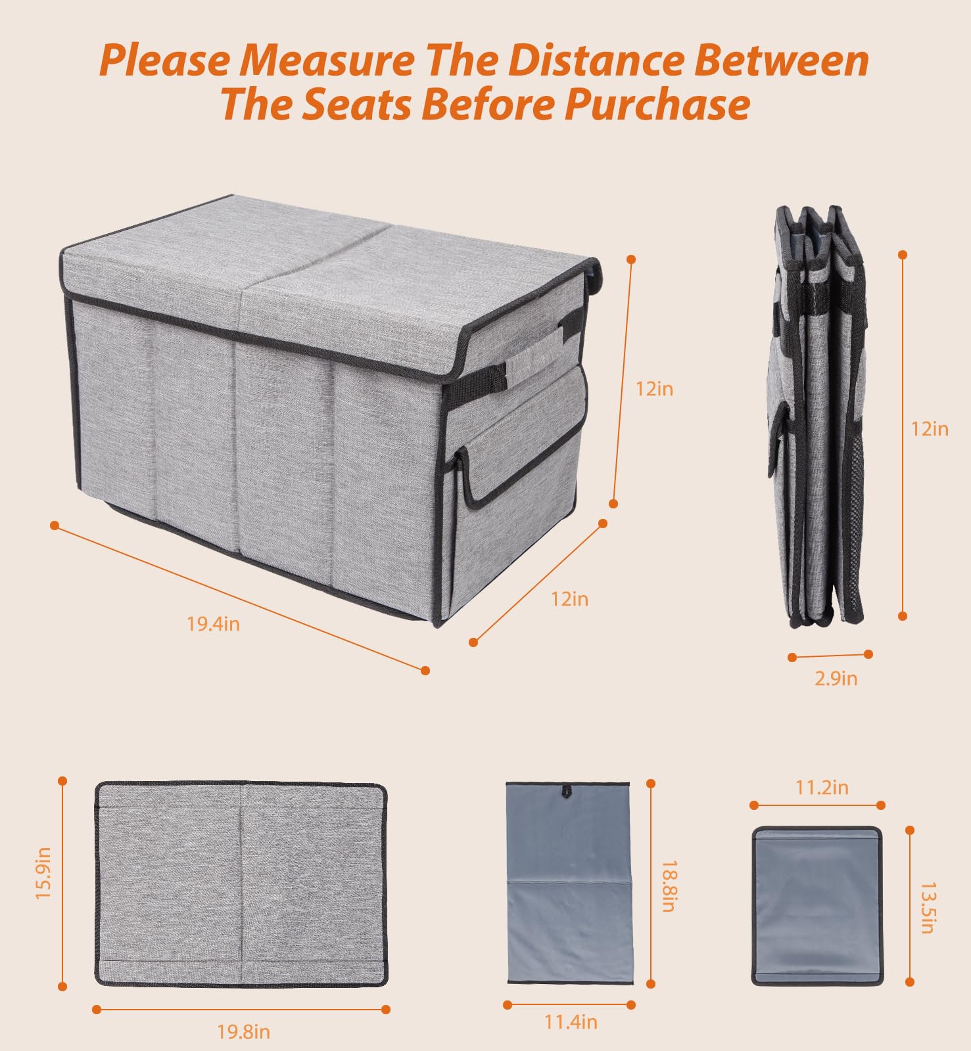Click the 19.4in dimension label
point(213,623)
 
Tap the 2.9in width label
point(836,678)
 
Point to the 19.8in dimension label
point(243,1032)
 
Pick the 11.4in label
point(570,1022)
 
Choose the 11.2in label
point(822,787)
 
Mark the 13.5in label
point(928,908)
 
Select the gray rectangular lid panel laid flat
point(241,883)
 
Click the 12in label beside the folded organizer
point(930,429)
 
